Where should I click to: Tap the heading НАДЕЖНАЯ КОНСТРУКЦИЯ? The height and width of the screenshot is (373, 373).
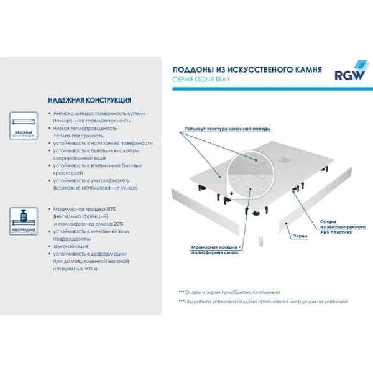(x=90, y=100)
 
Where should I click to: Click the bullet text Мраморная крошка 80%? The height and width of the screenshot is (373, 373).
(x=85, y=210)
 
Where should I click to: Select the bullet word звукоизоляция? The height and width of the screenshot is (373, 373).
(x=70, y=246)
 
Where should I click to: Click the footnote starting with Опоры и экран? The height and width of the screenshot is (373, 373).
(x=229, y=292)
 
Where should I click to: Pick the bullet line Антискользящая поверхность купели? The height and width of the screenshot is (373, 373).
(x=99, y=114)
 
